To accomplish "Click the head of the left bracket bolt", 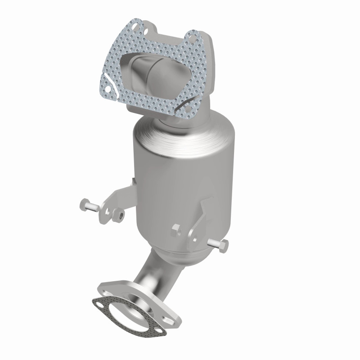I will pos(84,205).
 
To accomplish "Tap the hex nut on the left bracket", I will pos(120,213).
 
